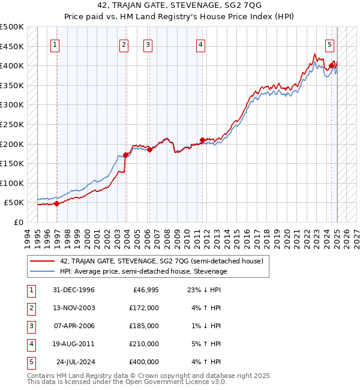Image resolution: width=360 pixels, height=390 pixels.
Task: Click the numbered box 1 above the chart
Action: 55,44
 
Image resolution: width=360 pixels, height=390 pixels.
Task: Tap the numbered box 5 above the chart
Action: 330,44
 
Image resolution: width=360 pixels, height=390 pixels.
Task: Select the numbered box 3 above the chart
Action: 147,44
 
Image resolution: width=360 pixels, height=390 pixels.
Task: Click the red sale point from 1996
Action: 56,203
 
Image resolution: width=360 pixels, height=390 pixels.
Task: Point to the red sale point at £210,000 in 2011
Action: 202,140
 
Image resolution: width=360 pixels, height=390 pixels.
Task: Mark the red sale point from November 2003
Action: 125,155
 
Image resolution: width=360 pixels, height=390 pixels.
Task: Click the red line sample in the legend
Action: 42,261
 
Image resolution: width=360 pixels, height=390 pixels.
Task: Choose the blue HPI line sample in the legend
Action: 42,271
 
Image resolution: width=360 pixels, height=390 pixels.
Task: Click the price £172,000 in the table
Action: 144,308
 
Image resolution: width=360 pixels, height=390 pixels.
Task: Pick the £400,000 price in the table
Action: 144,362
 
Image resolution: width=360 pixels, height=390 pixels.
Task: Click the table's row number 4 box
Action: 31,344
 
